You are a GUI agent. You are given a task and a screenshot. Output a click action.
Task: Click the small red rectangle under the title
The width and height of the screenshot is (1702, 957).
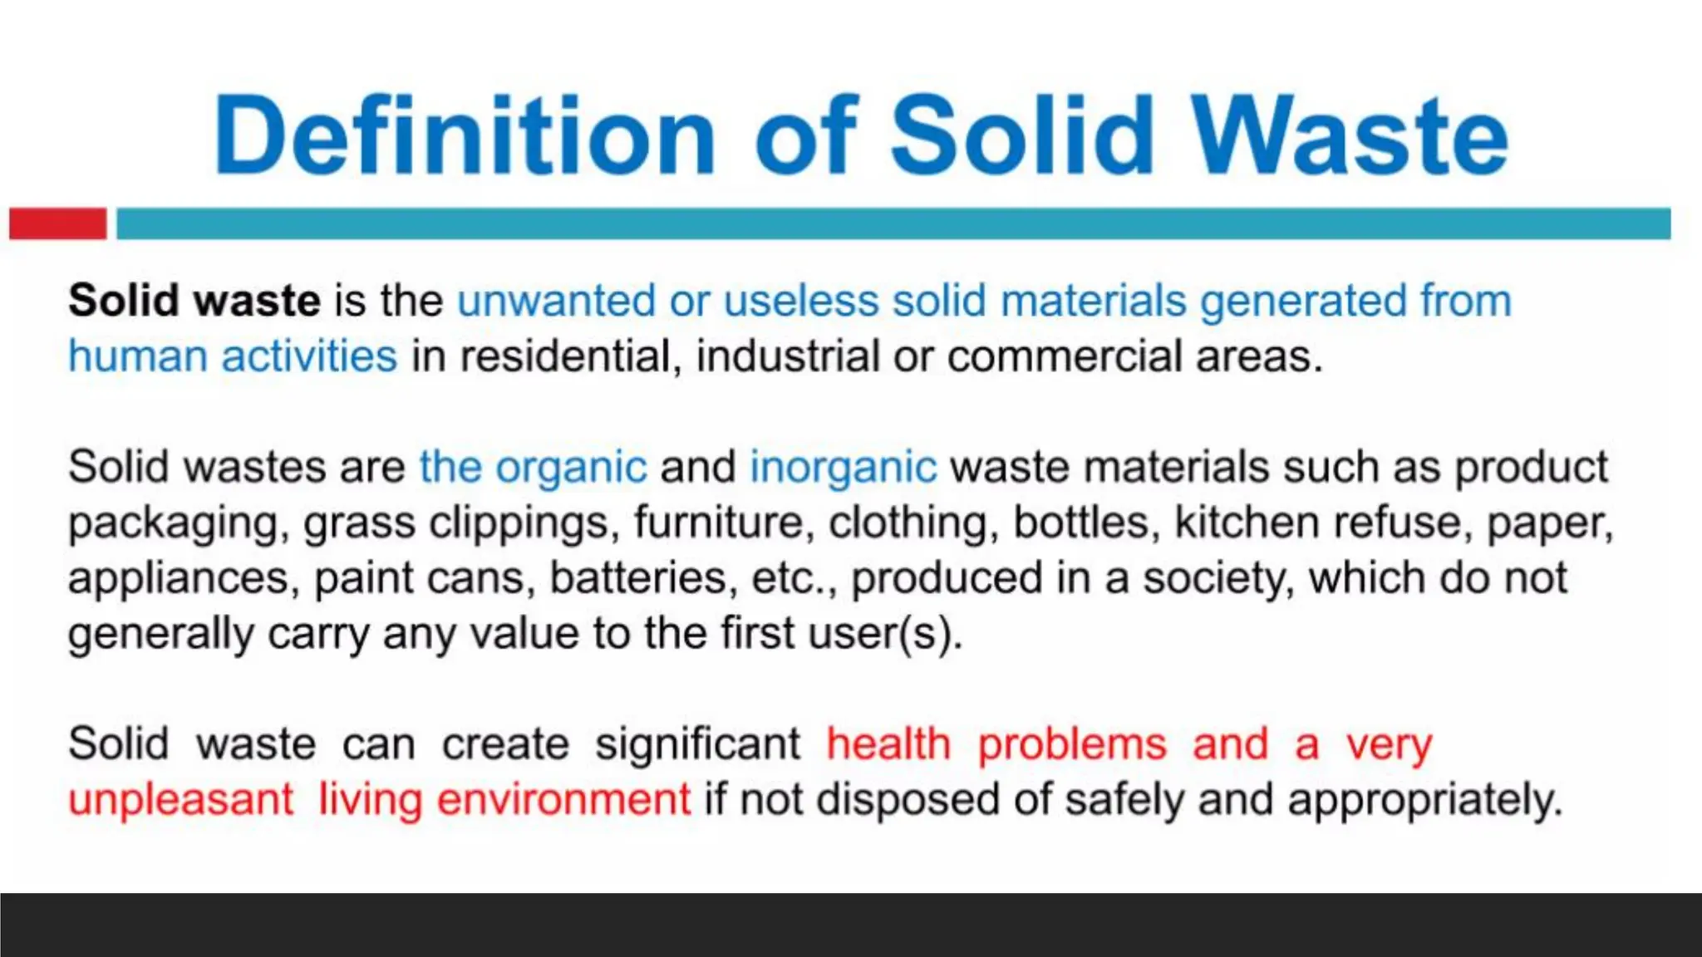pyautogui.click(x=57, y=223)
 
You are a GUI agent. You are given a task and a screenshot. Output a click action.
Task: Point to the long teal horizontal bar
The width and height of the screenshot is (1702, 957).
pyautogui.click(x=893, y=223)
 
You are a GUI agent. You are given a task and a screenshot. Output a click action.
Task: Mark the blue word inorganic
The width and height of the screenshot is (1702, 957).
pyautogui.click(x=843, y=467)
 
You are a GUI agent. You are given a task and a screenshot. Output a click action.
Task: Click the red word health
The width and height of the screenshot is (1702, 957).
pyautogui.click(x=888, y=744)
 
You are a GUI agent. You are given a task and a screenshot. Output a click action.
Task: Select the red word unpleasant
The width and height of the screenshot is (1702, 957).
pyautogui.click(x=181, y=800)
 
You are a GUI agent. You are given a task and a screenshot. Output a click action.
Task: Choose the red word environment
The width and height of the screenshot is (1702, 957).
pyautogui.click(x=563, y=800)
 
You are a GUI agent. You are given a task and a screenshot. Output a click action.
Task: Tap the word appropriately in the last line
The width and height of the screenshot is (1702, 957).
pyautogui.click(x=1424, y=800)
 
